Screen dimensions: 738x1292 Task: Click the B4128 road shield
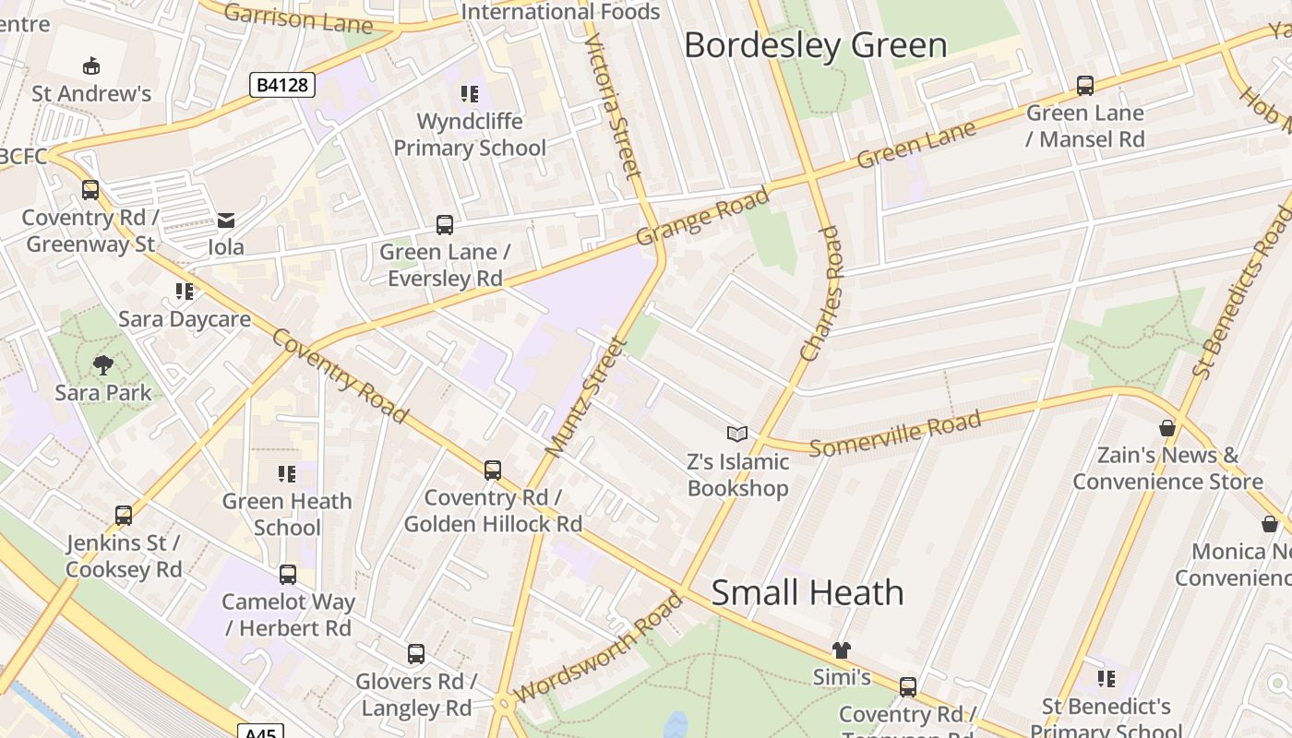point(282,86)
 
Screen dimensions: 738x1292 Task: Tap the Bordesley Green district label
point(815,45)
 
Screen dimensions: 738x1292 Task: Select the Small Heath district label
point(807,592)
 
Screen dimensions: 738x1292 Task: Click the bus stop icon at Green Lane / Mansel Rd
point(1085,86)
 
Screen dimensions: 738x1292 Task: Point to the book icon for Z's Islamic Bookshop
point(736,434)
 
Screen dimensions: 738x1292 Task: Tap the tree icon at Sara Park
point(103,365)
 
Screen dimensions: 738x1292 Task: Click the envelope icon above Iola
point(226,220)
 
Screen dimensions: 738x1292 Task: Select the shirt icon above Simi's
point(841,650)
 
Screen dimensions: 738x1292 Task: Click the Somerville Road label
point(895,434)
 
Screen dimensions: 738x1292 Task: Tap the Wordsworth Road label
point(599,647)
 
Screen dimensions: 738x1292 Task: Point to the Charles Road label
point(822,293)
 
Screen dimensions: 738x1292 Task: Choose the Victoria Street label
point(612,106)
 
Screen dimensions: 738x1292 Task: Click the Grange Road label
point(702,218)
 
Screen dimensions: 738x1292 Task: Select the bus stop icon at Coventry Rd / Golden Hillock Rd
point(493,470)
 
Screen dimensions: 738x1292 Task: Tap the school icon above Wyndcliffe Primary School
point(470,94)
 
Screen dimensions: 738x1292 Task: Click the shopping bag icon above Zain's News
point(1167,428)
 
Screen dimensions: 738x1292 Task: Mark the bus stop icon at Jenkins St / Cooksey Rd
point(124,516)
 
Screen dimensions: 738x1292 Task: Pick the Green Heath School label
point(287,514)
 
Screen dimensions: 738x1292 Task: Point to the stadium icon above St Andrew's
point(91,66)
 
